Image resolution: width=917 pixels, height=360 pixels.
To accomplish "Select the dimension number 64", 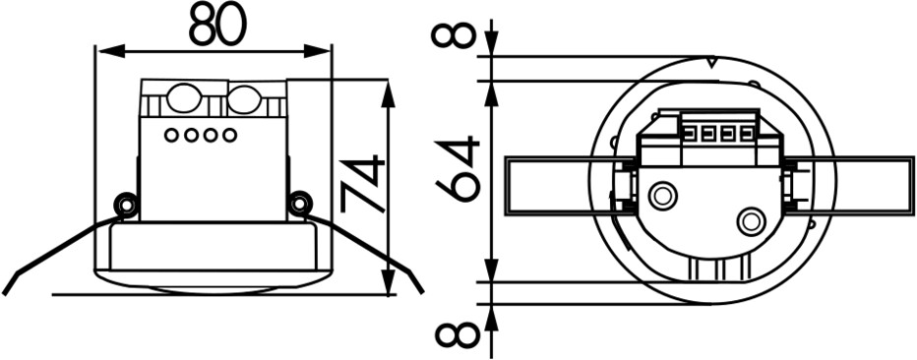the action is point(458,169).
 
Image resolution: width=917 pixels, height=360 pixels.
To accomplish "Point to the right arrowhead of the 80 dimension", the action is point(317,51).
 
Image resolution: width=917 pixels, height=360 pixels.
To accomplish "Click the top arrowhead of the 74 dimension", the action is point(387,94).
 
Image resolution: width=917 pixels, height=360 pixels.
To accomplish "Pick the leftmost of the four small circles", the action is point(171,136).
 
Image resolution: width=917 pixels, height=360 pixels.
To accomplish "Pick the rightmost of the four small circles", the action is point(230,136).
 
